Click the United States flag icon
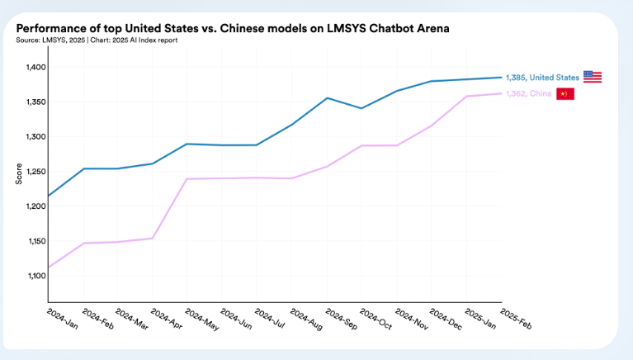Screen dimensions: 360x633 592,77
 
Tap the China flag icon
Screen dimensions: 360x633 565,93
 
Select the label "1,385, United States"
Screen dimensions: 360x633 542,78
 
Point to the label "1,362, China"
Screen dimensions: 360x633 528,93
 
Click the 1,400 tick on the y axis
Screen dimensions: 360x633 34,67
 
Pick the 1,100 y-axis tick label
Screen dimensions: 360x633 34,276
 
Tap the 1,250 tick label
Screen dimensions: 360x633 34,172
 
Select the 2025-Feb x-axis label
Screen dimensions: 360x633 517,318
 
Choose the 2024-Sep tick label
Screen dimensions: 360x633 341,318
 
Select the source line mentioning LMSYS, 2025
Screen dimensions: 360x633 97,39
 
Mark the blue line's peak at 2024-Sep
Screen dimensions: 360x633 328,97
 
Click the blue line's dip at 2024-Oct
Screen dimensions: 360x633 361,108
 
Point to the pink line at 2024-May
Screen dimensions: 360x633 187,178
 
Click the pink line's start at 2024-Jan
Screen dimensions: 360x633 48,268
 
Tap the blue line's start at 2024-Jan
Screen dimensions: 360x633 48,196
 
